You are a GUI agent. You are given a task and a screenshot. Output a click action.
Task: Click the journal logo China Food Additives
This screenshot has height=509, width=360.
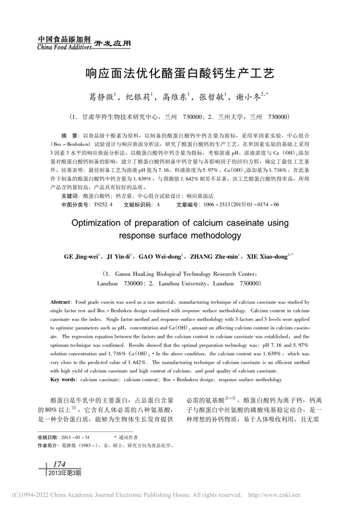coord(64,43)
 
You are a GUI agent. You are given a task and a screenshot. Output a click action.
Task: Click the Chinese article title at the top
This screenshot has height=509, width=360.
coord(179,73)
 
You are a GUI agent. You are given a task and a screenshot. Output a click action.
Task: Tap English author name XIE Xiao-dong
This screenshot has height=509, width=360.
coord(267,257)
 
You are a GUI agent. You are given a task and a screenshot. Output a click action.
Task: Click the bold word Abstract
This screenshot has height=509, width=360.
coord(60,302)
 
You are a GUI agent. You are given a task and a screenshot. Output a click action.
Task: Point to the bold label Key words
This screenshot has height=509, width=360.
coord(63,379)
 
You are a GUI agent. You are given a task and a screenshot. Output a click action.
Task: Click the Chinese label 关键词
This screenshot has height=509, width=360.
coord(69,196)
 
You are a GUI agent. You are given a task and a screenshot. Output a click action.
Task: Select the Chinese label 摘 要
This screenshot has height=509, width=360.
coord(69,136)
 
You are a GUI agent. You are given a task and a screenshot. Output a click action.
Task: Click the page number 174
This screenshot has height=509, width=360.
coord(58,464)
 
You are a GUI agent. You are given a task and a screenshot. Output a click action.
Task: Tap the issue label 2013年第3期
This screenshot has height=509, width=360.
coord(64,472)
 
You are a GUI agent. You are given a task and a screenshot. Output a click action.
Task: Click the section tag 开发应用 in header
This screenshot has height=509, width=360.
coord(112,43)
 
